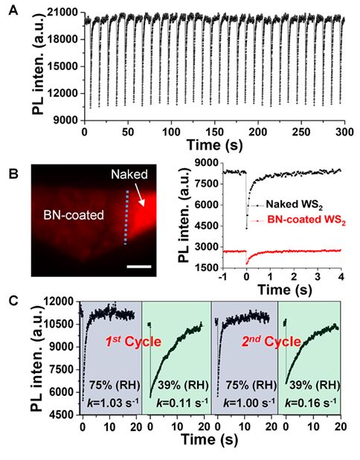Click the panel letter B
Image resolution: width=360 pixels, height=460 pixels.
point(13,173)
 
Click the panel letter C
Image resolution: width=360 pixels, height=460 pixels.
point(14,302)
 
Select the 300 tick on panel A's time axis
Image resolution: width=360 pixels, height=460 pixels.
point(344,132)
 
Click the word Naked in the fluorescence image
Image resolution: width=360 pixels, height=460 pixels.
point(129,174)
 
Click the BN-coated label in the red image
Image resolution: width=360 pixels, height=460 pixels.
point(74,215)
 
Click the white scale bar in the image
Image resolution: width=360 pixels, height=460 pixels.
point(139,266)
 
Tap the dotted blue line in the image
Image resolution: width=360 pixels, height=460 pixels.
point(126,217)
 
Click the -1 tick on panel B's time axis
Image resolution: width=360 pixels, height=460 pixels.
point(223,276)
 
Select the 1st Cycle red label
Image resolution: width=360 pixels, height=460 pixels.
point(133,342)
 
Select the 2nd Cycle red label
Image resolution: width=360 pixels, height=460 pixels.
point(271,342)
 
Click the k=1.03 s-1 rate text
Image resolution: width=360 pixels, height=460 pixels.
point(113,403)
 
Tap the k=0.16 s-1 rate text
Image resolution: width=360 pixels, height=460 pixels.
point(310,403)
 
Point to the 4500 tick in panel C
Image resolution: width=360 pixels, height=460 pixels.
point(63,415)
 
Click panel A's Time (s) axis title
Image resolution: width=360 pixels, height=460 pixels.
point(215,145)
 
